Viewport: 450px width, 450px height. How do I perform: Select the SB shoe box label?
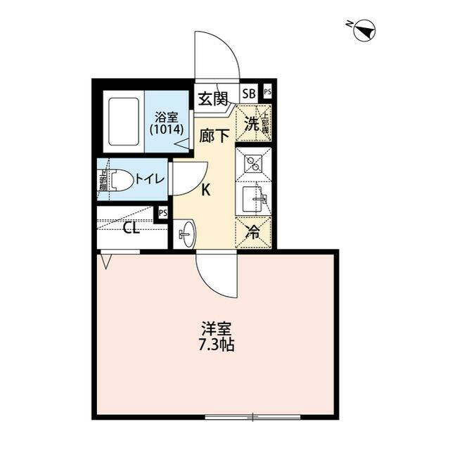[x=249, y=93]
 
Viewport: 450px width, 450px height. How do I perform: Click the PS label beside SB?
[x=267, y=92]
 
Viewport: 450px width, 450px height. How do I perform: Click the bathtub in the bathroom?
[x=124, y=121]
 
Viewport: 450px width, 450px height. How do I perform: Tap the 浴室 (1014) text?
[x=166, y=124]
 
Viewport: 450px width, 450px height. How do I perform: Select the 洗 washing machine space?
[x=252, y=122]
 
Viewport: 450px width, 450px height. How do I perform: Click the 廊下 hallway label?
[x=214, y=135]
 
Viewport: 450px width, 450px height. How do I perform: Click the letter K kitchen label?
[x=207, y=189]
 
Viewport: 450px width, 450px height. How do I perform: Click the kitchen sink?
[x=253, y=199]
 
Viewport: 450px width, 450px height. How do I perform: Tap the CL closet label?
[x=131, y=228]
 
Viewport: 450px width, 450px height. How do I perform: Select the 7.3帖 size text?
[x=217, y=346]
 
